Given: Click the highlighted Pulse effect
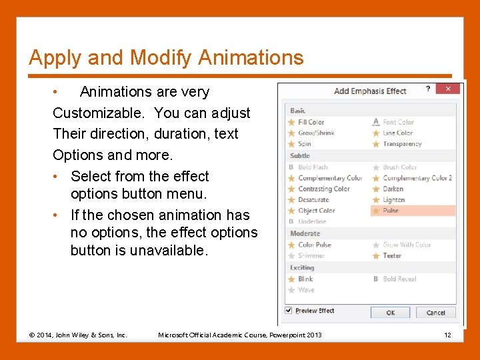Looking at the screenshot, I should [x=391, y=211].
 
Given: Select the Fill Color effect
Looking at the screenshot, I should [x=311, y=122].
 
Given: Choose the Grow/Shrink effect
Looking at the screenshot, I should [x=315, y=133].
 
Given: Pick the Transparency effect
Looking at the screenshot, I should [x=402, y=143].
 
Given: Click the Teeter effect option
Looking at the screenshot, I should [x=392, y=255].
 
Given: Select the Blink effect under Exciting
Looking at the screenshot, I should [x=305, y=279].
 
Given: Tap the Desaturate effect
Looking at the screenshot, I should [x=313, y=199].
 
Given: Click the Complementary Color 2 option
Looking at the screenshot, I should [x=417, y=178].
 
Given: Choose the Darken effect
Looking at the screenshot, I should [x=393, y=189].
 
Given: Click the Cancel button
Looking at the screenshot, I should [x=435, y=313].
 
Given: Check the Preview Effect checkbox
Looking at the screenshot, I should [x=289, y=311].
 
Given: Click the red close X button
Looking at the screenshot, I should [x=449, y=89].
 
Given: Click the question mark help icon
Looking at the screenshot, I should [x=428, y=89].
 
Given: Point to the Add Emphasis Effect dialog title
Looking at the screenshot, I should [x=370, y=91].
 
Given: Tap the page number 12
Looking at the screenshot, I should [x=447, y=335].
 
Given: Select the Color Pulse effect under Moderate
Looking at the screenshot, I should [x=314, y=245].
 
